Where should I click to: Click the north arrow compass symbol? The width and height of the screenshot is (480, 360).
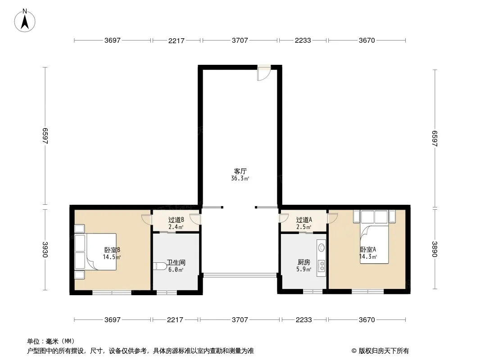(x=25, y=21)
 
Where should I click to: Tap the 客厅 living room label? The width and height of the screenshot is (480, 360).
(x=240, y=171)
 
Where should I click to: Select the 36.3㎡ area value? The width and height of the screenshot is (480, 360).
(x=240, y=178)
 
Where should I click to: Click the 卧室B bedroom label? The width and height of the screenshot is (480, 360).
(x=112, y=250)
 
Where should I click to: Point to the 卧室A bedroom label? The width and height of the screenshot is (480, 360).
(x=368, y=250)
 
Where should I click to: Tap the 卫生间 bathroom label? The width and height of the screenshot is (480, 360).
(x=176, y=262)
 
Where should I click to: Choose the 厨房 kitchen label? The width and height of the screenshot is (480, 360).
(x=303, y=262)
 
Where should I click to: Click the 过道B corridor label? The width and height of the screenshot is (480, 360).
(x=176, y=220)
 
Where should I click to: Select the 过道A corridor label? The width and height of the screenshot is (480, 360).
(x=303, y=220)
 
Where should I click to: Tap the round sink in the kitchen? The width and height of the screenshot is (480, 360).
(x=322, y=247)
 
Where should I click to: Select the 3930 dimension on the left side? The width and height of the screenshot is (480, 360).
(x=45, y=250)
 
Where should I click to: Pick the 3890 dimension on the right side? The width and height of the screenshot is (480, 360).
(x=435, y=249)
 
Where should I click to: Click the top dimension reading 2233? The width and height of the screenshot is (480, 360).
(x=303, y=40)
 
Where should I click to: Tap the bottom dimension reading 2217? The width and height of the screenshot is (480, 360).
(x=175, y=319)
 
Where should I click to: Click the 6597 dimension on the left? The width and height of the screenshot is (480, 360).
(x=45, y=135)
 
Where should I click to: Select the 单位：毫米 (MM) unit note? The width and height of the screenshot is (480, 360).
(x=51, y=341)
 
